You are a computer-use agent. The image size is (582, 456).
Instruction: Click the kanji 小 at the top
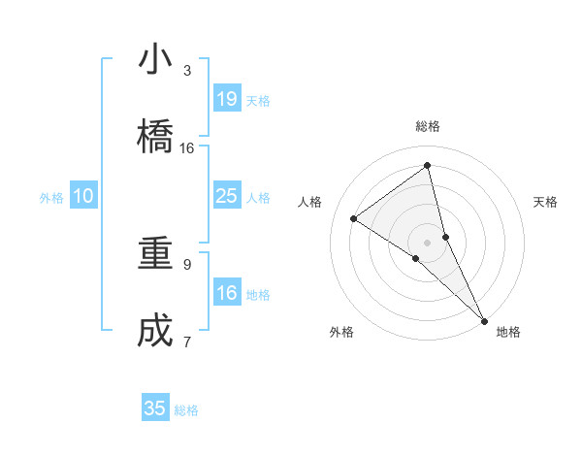[x=155, y=59]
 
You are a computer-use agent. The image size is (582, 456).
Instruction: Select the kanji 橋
[x=155, y=137]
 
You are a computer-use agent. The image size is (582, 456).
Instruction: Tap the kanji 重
[x=155, y=254]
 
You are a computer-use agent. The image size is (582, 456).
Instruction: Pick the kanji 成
[x=155, y=332]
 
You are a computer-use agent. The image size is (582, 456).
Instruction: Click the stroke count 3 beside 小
[x=187, y=71]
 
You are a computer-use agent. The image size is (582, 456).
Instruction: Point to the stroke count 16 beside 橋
[x=187, y=148]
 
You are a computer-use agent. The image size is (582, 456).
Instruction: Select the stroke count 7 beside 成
[x=187, y=342]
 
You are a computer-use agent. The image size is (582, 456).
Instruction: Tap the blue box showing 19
[x=226, y=98]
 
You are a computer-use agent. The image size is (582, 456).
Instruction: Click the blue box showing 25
[x=226, y=196]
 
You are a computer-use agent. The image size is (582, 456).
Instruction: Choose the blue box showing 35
[x=155, y=408]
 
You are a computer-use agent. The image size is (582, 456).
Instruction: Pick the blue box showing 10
[x=83, y=196]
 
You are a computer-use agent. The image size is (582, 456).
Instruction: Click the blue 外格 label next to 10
[x=51, y=198]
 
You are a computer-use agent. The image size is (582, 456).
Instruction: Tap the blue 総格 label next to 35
[x=186, y=410]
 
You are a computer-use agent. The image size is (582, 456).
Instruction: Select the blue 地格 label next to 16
[x=258, y=295]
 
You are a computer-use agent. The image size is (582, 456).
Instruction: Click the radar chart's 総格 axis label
[x=428, y=126]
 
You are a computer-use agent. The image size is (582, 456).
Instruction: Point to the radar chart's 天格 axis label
[x=546, y=202]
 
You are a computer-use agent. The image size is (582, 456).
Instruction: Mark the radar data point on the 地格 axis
[x=484, y=320]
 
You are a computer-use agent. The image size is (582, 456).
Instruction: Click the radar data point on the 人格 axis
[x=354, y=218]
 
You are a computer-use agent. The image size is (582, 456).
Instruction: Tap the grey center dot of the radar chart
[x=428, y=242]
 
